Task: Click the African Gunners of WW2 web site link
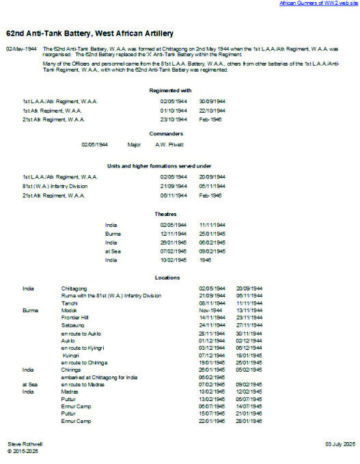coord(318,3)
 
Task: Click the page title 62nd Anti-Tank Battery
coord(89,33)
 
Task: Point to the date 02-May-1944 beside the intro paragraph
coord(21,50)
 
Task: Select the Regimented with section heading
coord(174,90)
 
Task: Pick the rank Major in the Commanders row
coord(134,144)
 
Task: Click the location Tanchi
coord(70,302)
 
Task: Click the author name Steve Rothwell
coord(24,444)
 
